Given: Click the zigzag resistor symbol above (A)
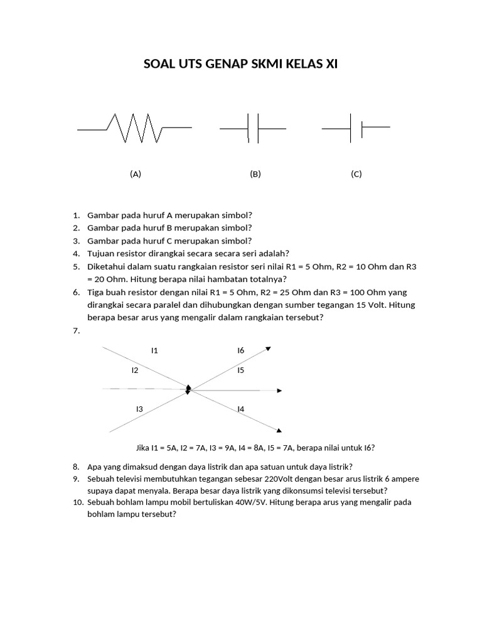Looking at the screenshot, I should (x=134, y=128).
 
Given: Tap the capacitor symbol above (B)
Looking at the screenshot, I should (x=254, y=129).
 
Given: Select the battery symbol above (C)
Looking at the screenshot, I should (x=356, y=128).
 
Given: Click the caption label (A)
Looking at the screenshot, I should (x=136, y=175).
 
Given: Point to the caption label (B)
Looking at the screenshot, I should (x=255, y=175).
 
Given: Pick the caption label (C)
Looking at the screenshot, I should (x=356, y=175).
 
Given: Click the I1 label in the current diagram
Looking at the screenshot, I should (x=154, y=350).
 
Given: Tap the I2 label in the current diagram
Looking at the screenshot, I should (x=135, y=370).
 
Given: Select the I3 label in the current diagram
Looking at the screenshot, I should (x=139, y=409).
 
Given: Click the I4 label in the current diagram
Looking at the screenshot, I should (x=240, y=409).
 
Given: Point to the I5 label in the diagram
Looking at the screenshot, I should (x=240, y=370).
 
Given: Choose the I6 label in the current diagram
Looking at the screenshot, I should (x=240, y=350).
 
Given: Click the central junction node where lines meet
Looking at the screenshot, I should (x=188, y=391).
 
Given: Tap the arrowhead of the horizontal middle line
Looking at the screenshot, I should (x=279, y=391).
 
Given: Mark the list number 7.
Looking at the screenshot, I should (x=76, y=331).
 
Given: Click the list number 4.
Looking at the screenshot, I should (x=76, y=254).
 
